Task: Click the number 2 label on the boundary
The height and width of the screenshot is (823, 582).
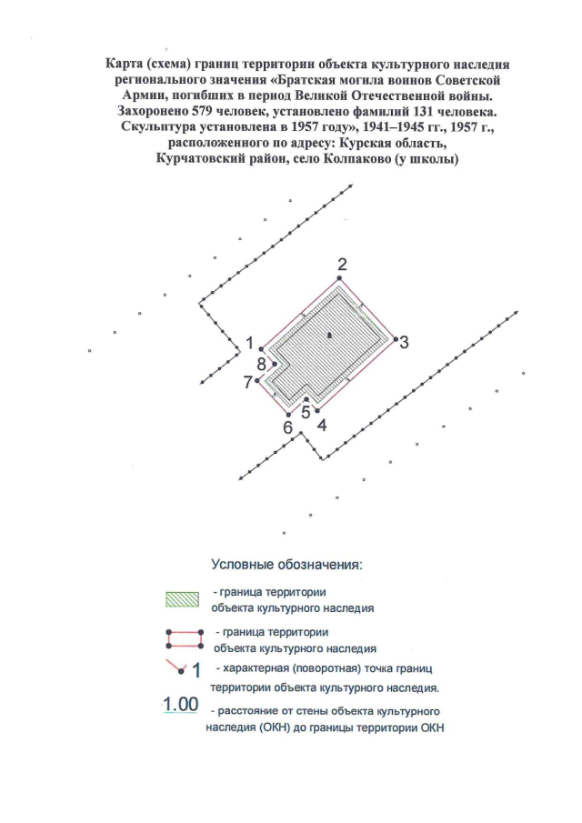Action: [x=342, y=265]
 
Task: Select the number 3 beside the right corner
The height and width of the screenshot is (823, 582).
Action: [x=404, y=342]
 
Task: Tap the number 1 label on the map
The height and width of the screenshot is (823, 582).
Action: [x=249, y=343]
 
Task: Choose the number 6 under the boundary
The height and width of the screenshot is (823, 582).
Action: [x=287, y=427]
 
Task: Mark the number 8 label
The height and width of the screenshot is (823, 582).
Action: [x=262, y=364]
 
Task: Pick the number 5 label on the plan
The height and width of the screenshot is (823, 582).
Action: [x=306, y=409]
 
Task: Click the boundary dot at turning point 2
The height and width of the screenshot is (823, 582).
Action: [x=341, y=278]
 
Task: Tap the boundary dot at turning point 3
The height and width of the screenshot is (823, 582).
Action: [x=394, y=339]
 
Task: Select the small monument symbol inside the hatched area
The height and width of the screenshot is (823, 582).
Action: [x=330, y=336]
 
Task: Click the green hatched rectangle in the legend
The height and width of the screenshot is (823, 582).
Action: [x=180, y=599]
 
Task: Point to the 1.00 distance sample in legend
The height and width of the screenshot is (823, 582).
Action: [x=181, y=704]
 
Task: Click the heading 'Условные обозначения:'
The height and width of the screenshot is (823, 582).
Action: [x=286, y=564]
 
